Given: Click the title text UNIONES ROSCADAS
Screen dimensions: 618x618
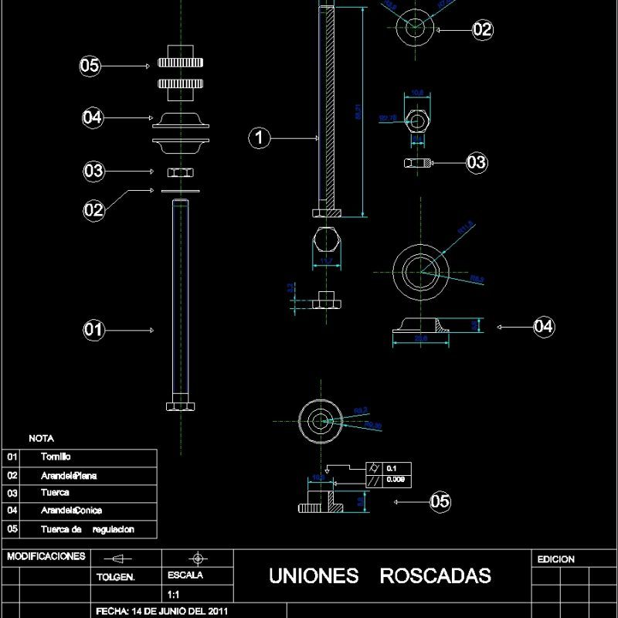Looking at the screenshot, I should [x=379, y=576].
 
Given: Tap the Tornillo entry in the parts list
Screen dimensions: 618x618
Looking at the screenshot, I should [x=61, y=457].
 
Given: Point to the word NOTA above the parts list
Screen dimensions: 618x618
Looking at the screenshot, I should [x=41, y=438].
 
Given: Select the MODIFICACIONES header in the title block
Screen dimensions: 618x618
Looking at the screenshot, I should [x=45, y=556].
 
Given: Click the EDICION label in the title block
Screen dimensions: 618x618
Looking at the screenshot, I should [x=555, y=559].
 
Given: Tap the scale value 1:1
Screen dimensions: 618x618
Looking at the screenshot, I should [x=174, y=595].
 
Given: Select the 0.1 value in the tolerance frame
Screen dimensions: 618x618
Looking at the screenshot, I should [x=391, y=468].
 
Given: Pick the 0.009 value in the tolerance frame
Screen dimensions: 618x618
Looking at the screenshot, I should [x=394, y=480].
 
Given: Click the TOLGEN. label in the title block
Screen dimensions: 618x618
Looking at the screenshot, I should [x=115, y=576].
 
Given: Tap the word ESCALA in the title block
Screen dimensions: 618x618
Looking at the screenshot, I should [x=185, y=576].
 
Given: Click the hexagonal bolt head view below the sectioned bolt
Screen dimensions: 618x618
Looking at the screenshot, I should [x=325, y=243].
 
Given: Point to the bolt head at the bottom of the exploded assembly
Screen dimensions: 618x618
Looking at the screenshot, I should [x=179, y=406].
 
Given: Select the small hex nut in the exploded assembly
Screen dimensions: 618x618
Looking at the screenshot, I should [x=179, y=171].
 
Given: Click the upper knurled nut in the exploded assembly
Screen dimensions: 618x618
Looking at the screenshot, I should [x=179, y=63].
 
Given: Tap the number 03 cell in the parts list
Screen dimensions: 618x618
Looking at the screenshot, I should [x=12, y=493].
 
